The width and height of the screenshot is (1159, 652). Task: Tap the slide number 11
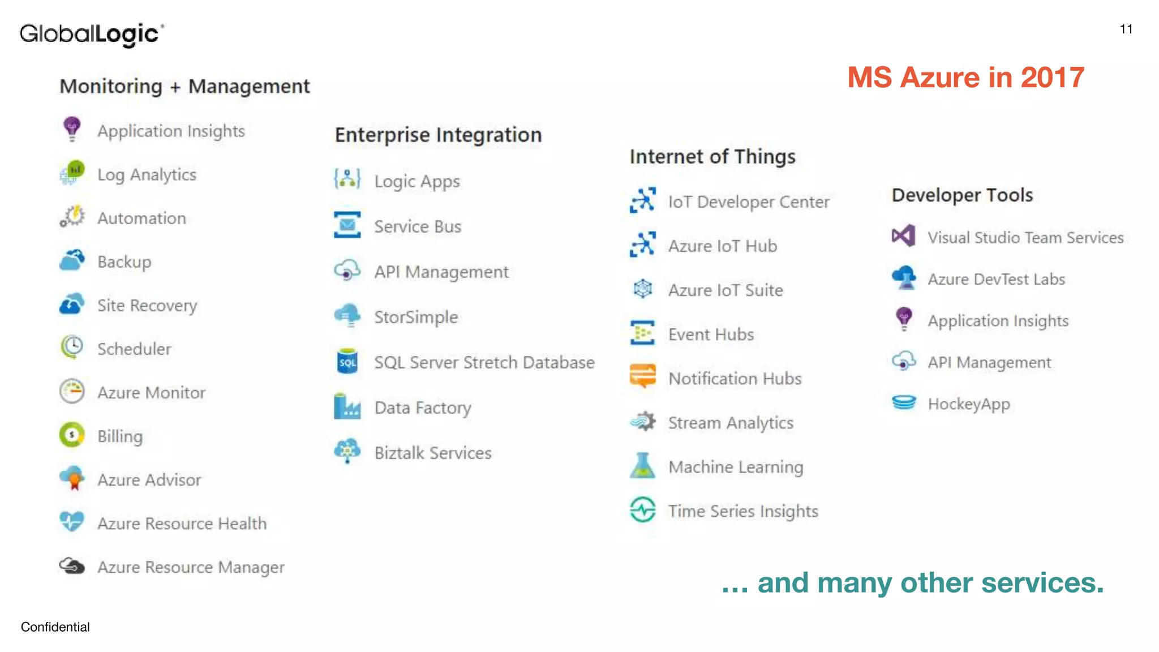click(x=1126, y=29)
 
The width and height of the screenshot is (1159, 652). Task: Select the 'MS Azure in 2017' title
click(x=965, y=78)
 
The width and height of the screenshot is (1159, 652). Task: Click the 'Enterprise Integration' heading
click(x=438, y=135)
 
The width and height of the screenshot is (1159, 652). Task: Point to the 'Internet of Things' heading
click(x=712, y=156)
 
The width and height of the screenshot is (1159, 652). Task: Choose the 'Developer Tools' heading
click(x=962, y=195)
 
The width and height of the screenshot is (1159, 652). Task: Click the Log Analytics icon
click(x=72, y=173)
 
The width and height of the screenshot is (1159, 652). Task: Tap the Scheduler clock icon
click(x=72, y=348)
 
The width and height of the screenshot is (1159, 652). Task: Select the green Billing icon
click(x=72, y=435)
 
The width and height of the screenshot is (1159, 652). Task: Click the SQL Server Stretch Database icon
click(x=347, y=362)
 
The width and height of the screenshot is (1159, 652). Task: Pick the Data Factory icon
click(x=347, y=406)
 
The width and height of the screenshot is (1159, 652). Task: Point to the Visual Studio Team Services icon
click(x=903, y=236)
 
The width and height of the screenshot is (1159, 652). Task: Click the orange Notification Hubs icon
click(x=642, y=376)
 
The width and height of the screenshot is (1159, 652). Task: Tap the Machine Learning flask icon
click(x=642, y=465)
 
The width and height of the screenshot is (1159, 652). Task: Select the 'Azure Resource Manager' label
click(x=191, y=567)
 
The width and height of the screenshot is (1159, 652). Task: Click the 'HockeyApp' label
click(x=968, y=404)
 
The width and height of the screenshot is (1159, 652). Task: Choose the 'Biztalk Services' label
click(x=433, y=453)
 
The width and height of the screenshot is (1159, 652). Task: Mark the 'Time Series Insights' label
click(x=743, y=511)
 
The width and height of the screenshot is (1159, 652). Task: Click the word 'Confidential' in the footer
click(x=55, y=627)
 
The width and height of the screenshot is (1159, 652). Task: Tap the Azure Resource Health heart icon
click(x=72, y=521)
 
